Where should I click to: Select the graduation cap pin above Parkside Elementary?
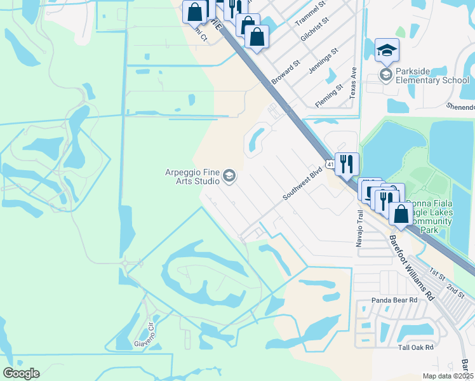[387, 50]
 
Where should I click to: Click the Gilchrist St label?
[315, 30]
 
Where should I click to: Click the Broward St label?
[286, 74]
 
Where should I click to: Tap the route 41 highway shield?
[330, 164]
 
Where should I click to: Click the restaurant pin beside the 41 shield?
[347, 164]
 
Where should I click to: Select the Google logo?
[21, 373]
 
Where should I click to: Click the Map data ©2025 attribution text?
[447, 376]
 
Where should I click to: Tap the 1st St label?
[437, 274]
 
